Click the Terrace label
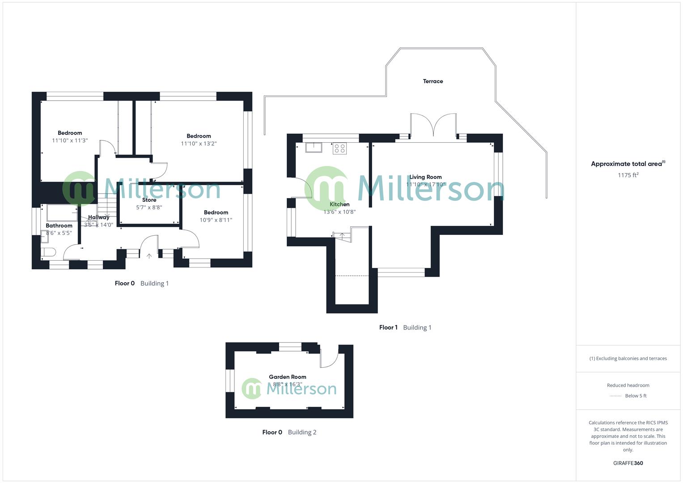(433, 81)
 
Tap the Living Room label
(425, 177)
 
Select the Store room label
(149, 200)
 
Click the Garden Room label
(287, 377)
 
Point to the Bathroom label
(59, 225)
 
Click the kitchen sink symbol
(314, 148)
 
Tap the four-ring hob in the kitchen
(339, 148)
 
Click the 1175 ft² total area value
(628, 175)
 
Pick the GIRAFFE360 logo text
(628, 463)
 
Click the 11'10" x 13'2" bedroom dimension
(199, 144)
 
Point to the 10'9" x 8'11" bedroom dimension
(216, 220)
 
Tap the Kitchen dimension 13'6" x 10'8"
(339, 212)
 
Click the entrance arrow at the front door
(149, 256)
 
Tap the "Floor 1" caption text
(388, 327)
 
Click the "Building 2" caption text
(302, 432)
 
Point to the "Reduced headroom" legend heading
(628, 385)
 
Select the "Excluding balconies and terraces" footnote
(628, 358)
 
